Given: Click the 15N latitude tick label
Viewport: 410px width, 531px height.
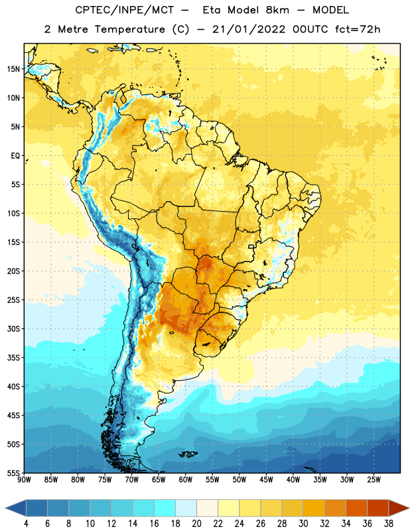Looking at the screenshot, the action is click(x=13, y=69).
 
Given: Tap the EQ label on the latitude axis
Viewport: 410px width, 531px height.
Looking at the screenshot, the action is click(x=15, y=156).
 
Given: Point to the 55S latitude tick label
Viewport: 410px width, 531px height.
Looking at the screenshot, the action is click(x=13, y=473).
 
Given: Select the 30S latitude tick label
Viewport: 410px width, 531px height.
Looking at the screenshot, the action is click(x=13, y=329).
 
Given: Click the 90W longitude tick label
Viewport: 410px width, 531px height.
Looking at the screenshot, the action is click(x=24, y=479).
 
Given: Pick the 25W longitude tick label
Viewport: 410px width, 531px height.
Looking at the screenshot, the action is click(x=374, y=479).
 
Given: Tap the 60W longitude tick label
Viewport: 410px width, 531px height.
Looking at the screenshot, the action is click(x=186, y=479).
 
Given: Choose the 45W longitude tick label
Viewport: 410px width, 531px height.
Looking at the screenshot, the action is click(x=266, y=479).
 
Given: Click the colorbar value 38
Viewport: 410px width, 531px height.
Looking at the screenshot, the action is click(x=388, y=524).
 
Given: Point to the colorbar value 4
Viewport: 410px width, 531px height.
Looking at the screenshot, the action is click(x=26, y=524).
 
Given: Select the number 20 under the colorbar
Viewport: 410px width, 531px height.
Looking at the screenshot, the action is click(x=196, y=524).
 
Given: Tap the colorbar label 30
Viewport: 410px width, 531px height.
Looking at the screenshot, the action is click(x=303, y=524).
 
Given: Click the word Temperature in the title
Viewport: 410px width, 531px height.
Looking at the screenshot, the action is click(x=129, y=29).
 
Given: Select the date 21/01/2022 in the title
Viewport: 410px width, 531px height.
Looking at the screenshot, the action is click(x=249, y=29).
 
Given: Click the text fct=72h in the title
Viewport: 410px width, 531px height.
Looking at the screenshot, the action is click(x=358, y=29).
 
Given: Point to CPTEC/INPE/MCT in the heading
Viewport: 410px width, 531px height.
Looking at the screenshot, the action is click(x=125, y=10).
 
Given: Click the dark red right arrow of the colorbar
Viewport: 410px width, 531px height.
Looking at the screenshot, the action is click(x=399, y=508).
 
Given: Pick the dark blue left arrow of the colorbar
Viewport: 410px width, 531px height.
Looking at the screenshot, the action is click(x=15, y=508).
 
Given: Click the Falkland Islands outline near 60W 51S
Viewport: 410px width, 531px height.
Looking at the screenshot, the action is click(x=188, y=454).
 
